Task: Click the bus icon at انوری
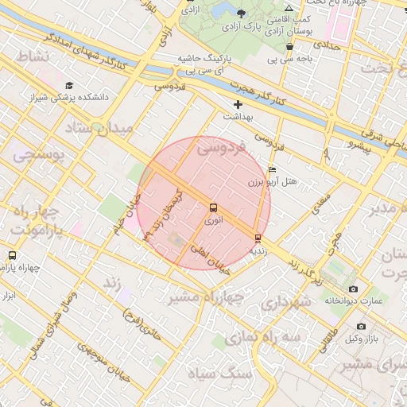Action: coord(213,208)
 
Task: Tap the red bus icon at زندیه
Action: coord(258,238)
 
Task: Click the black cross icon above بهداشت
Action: coord(238,105)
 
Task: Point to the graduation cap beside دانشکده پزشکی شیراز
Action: coord(69,85)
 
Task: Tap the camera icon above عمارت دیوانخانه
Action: coord(354,289)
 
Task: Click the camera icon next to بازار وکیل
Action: coord(362,326)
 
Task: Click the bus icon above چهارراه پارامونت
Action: coord(11,255)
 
